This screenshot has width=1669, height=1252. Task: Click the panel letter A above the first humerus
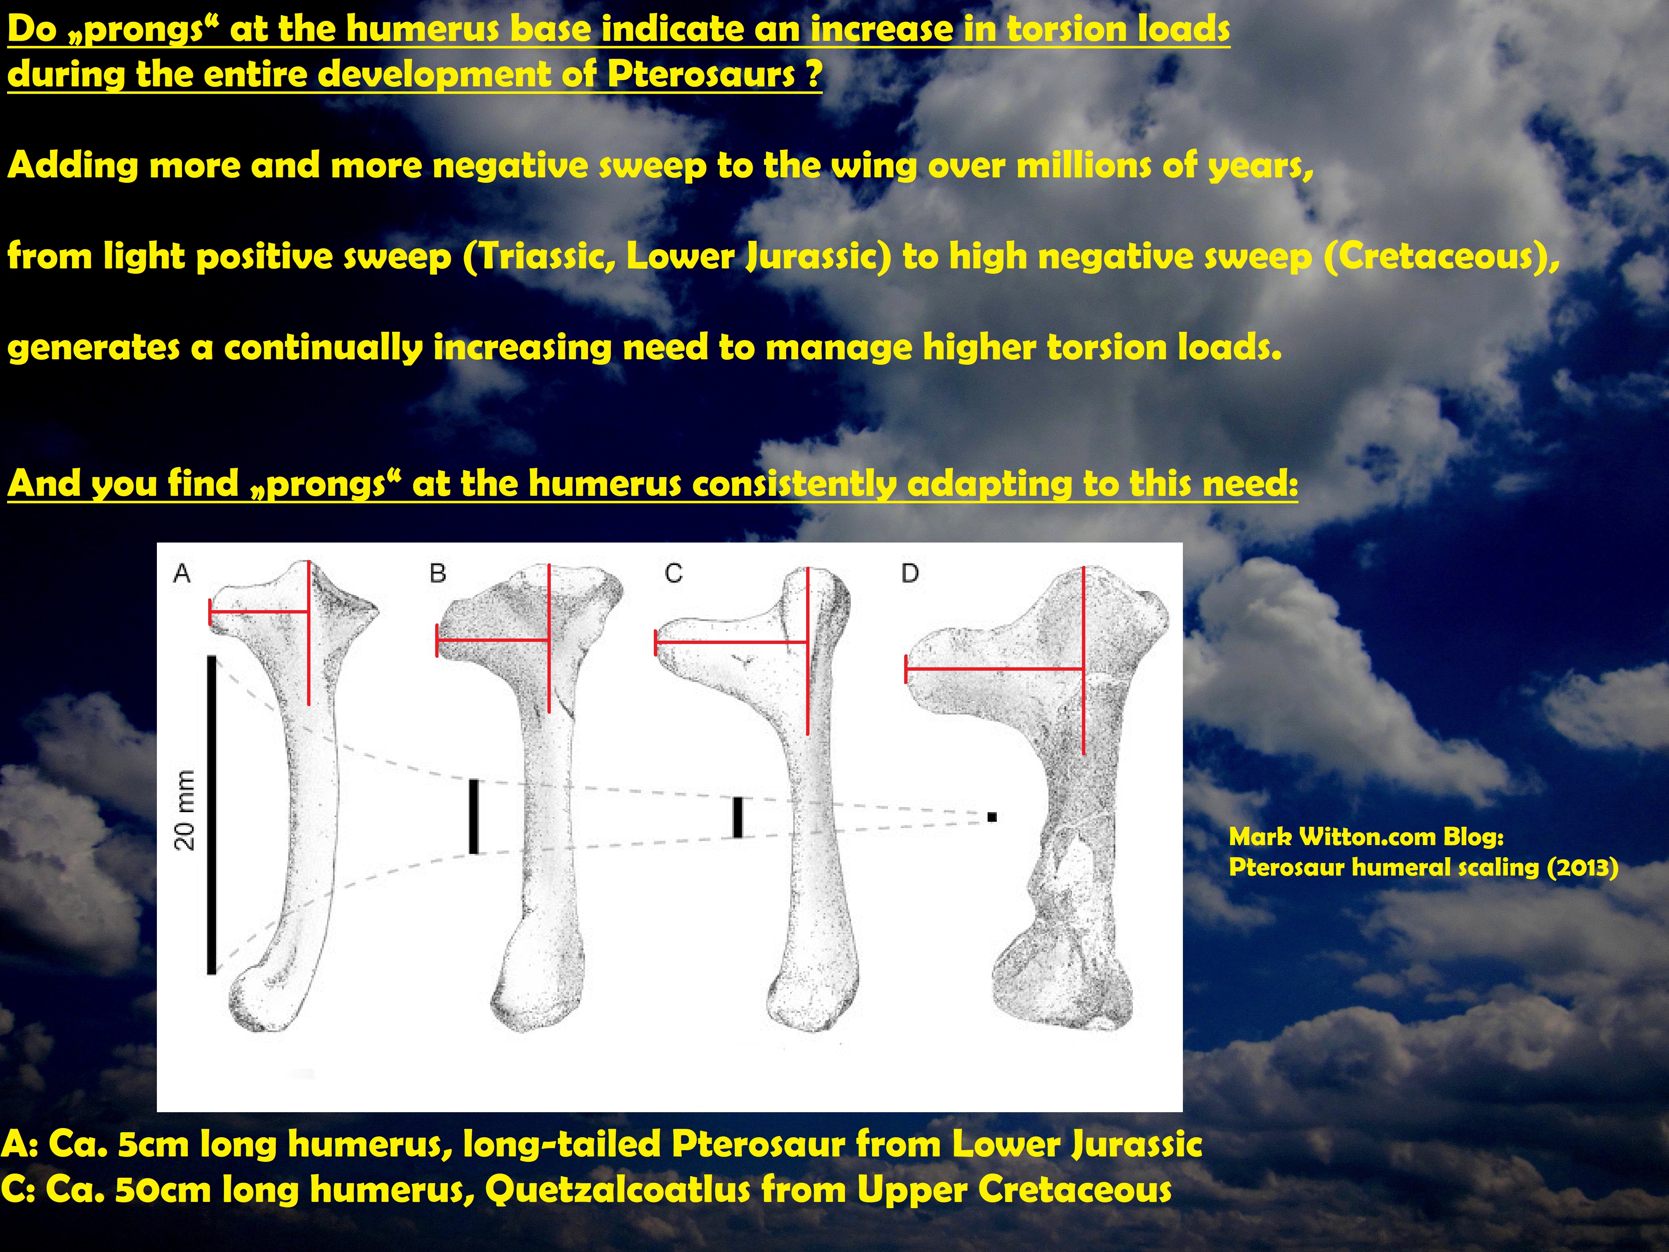coord(182,574)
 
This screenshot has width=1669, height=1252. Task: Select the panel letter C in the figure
coord(674,574)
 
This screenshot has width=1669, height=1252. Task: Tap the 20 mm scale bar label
coord(185,810)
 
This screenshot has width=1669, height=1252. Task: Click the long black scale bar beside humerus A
coord(212,815)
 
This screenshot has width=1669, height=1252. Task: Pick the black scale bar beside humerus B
coord(474,817)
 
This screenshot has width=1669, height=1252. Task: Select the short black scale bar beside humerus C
coord(738,817)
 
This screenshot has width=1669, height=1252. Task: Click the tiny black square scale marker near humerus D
coord(992,817)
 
